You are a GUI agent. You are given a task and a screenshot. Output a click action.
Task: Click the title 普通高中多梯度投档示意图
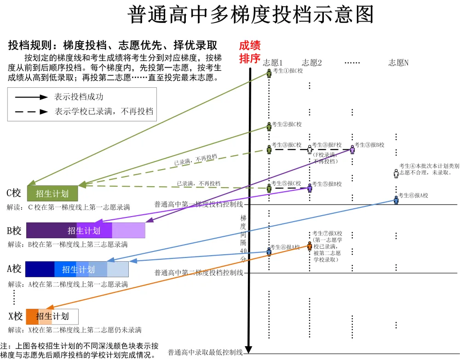pyautogui.click(x=250, y=15)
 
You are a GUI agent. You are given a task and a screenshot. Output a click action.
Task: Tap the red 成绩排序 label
pyautogui.click(x=250, y=52)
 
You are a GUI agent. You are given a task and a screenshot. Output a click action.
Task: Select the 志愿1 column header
pyautogui.click(x=273, y=63)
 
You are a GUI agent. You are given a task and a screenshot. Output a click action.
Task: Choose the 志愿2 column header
pyautogui.click(x=312, y=63)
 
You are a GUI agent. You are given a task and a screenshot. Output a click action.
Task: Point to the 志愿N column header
pyautogui.click(x=398, y=63)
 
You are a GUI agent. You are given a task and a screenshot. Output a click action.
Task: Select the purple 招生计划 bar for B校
pyautogui.click(x=86, y=230)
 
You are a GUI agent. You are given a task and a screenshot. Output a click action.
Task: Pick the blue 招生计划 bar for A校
pyautogui.click(x=77, y=269)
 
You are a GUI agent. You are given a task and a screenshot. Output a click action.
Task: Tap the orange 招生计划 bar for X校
pyautogui.click(x=52, y=316)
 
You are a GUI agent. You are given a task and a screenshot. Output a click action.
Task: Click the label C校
pyautogui.click(x=14, y=193)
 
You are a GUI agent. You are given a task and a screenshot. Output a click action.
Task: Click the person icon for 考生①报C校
pyautogui.click(x=269, y=72)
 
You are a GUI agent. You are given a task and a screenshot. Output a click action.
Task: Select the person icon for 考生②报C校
pyautogui.click(x=269, y=126)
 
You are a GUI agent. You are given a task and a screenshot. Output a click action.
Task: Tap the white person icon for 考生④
pyautogui.click(x=396, y=173)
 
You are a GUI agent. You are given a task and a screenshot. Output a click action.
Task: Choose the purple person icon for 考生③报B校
pyautogui.click(x=352, y=149)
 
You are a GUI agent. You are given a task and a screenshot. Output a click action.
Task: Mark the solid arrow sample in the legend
pyautogui.click(x=31, y=97)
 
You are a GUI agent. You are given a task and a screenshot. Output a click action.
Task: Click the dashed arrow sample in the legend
pyautogui.click(x=31, y=111)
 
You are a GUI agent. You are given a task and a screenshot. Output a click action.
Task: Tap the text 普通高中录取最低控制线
pyautogui.click(x=205, y=353)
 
